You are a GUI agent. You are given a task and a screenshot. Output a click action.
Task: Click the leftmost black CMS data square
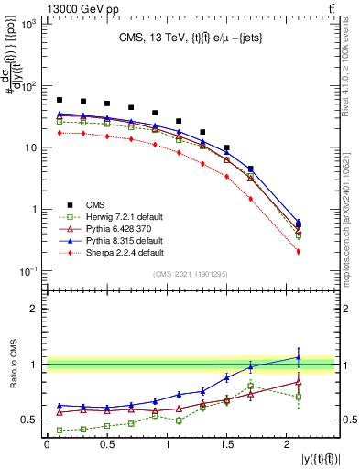[x=60, y=100]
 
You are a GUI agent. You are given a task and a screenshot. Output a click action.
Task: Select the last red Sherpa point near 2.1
[x=299, y=251]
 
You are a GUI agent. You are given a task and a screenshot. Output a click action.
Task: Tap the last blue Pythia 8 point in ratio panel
[x=299, y=357]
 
